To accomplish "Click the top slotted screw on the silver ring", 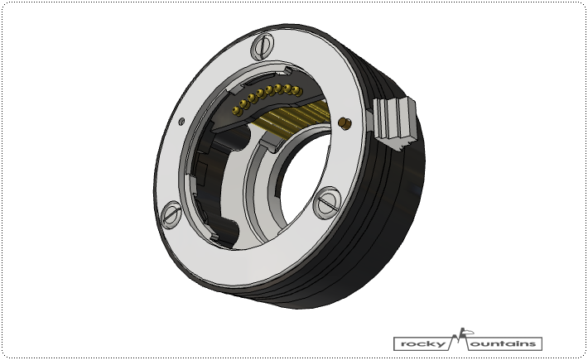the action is point(263,46).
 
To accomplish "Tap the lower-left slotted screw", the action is point(171,215).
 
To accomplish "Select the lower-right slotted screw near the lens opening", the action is point(326,203).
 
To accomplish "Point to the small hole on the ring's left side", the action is point(181,121).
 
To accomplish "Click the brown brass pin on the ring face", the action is point(345,123).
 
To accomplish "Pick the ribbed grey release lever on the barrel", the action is point(393,122).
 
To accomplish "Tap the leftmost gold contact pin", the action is point(236,111).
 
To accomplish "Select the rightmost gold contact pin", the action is point(297,91).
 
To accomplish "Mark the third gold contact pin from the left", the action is point(253,98).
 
